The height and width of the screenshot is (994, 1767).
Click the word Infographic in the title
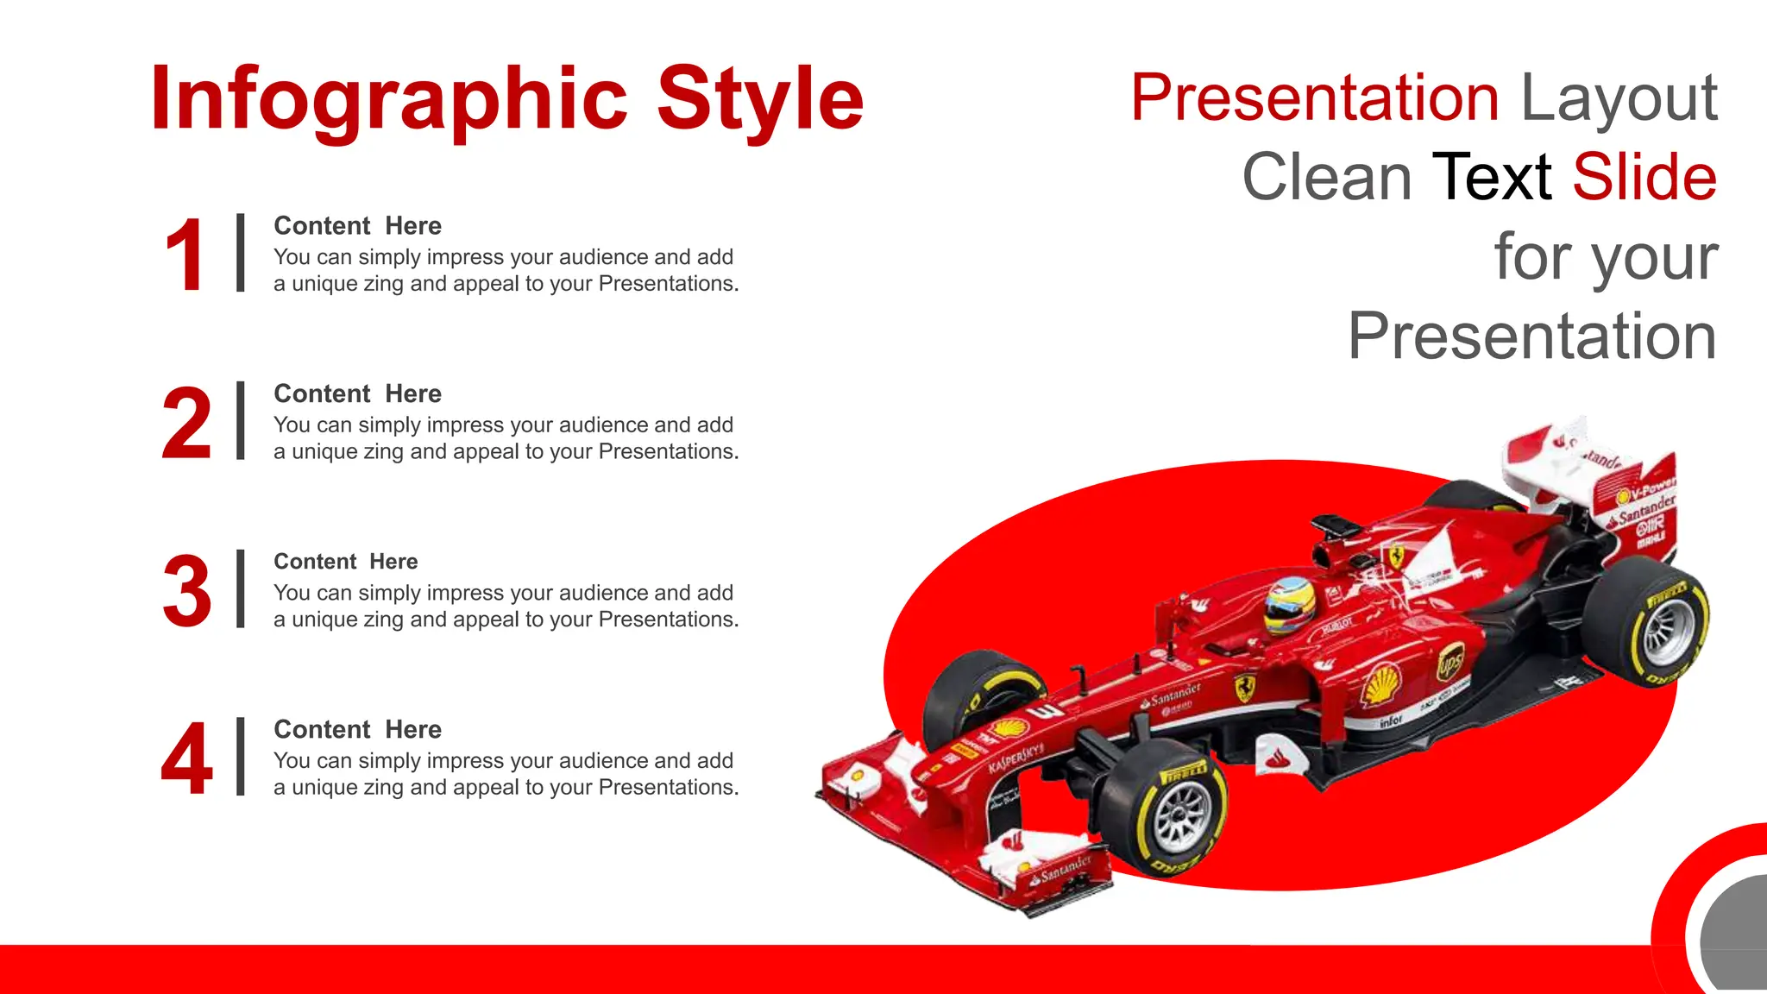[x=388, y=99]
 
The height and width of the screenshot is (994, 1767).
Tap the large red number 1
[x=185, y=255]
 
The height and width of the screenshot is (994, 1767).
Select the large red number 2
[x=186, y=424]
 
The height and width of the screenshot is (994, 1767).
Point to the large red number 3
[x=186, y=592]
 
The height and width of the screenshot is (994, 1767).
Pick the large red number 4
[x=186, y=759]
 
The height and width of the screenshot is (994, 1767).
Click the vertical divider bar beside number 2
[x=241, y=420]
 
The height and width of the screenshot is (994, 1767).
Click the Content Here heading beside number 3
[x=345, y=562]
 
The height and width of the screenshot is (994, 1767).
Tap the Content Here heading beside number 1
[x=357, y=226]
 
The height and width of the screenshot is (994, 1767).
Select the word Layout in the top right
[x=1619, y=98]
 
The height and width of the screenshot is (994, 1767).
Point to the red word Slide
[x=1644, y=177]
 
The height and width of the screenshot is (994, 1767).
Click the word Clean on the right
[x=1326, y=177]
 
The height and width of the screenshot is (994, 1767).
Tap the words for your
[x=1606, y=256]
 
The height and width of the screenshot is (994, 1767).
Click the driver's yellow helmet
[x=1289, y=605]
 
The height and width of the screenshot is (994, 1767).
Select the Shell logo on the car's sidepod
[x=1381, y=685]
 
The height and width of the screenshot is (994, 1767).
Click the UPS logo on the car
[x=1449, y=663]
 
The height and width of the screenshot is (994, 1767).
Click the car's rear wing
[x=1596, y=483]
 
